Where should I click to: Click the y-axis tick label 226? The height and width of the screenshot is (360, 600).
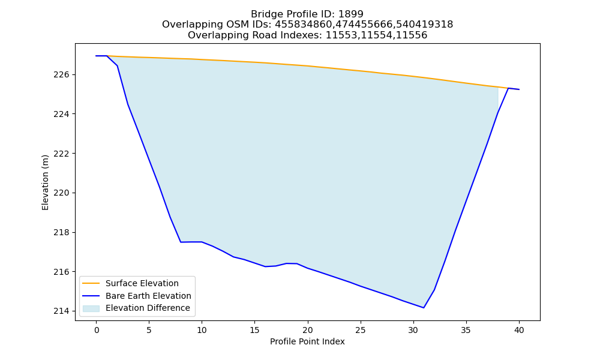[x=61, y=74]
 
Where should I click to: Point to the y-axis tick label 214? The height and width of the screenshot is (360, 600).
[x=61, y=311]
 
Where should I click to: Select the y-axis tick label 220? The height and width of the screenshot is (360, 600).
[x=61, y=193]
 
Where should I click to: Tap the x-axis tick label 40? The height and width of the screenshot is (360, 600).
[x=519, y=330]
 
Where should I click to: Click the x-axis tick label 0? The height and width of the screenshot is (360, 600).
[x=97, y=330]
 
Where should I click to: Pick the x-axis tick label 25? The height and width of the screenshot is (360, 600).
[x=361, y=330]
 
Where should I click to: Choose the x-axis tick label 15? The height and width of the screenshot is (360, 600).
[x=255, y=330]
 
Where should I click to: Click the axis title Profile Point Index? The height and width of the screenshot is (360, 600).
[x=307, y=341]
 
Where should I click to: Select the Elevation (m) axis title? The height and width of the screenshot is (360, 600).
[x=45, y=182]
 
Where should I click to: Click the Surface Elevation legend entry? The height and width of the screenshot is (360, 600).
[x=142, y=283]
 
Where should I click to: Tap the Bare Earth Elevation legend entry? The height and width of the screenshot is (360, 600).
[x=148, y=296]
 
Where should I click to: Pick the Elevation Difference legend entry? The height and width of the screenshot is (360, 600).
[x=148, y=308]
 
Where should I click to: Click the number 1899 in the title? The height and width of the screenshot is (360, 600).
[x=350, y=14]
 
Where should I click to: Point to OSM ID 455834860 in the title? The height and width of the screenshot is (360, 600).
[x=304, y=25]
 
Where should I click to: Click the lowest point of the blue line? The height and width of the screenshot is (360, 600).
[x=424, y=308]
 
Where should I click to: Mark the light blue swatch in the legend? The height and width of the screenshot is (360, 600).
[x=91, y=308]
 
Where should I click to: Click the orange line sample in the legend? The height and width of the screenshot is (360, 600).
[x=91, y=283]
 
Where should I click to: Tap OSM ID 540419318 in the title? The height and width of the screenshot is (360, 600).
[x=424, y=25]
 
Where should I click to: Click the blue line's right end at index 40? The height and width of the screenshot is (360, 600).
[x=519, y=89]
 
